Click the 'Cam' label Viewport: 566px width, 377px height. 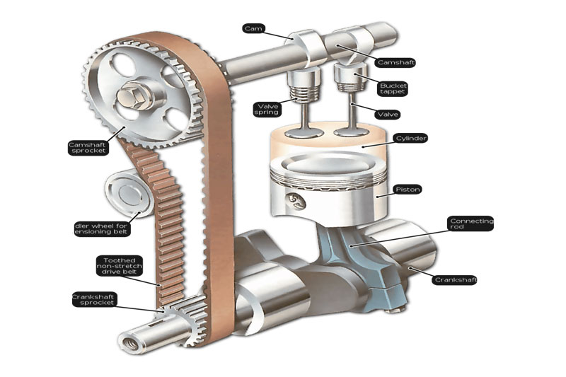point(253,28)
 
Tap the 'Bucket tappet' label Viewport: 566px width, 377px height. point(393,88)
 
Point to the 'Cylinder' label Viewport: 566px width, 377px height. point(410,138)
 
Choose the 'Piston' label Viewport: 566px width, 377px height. point(408,190)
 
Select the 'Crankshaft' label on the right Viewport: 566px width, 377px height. point(454,280)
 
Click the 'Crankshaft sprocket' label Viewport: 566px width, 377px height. point(93,300)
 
